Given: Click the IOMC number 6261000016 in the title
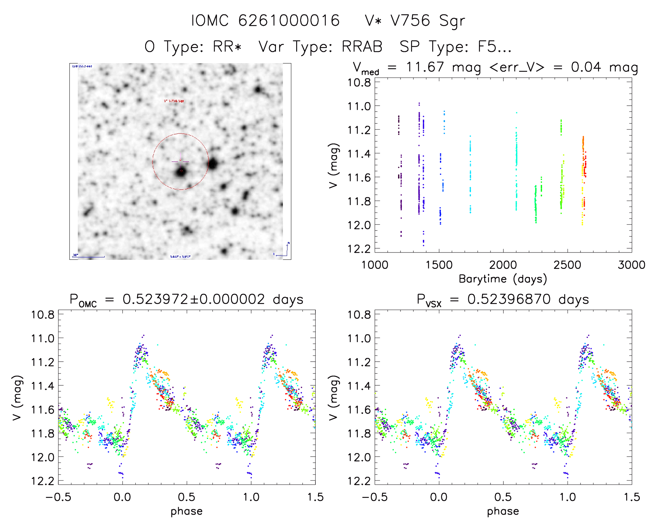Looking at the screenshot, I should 289,21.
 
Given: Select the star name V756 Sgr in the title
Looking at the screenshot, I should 428,21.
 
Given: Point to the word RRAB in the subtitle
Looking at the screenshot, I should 362,46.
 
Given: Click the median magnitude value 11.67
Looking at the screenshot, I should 425,67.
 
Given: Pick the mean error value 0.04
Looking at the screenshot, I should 586,67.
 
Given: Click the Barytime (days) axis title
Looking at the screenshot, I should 503,279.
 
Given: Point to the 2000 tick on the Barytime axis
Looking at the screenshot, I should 503,265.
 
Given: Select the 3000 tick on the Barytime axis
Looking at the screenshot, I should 631,265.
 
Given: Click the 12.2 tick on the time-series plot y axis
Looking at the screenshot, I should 359,249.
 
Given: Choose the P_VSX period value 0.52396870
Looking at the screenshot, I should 509,299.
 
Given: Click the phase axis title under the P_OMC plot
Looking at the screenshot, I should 186,511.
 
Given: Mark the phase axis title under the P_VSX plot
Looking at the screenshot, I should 503,511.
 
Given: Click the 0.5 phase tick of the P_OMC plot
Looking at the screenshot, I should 186,497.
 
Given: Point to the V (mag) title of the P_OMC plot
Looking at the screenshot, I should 17,398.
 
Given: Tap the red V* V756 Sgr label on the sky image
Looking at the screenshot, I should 174,101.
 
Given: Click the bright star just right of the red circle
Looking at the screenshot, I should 213,163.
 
